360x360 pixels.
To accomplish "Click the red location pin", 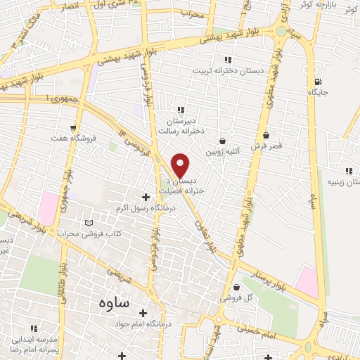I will point(181,165).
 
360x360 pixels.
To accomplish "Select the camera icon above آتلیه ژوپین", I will point(223,141).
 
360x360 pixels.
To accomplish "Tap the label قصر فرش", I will point(266,146).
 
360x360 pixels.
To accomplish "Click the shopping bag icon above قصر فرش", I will point(266,136).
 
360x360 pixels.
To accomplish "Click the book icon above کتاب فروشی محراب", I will point(88,222).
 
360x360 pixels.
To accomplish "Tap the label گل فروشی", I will point(236,297).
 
